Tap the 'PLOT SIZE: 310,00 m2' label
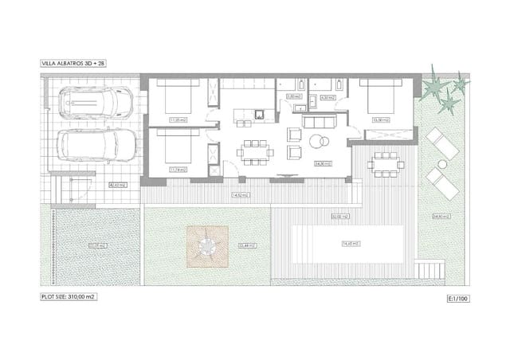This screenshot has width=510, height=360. click(x=73, y=295)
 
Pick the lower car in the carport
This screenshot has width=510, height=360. click(x=88, y=146)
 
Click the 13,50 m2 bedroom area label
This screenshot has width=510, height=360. click(x=380, y=120)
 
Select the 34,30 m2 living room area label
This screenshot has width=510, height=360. click(x=322, y=163)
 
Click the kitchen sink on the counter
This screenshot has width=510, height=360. click(x=259, y=115)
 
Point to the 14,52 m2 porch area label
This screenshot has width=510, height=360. click(x=237, y=195)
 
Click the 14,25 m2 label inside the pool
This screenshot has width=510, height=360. click(x=347, y=243)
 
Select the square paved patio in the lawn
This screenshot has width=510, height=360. click(x=208, y=246)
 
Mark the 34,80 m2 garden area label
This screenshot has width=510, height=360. click(x=460, y=216)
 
